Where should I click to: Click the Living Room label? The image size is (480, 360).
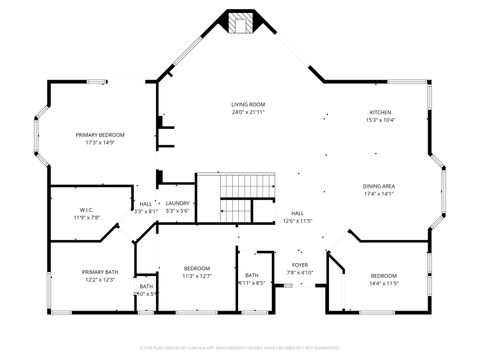[248, 104]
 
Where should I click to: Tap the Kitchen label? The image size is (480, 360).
[381, 112]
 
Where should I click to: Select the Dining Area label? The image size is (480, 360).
[379, 186]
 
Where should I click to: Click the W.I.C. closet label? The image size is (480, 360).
[87, 209]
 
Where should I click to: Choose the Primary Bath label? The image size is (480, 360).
[100, 272]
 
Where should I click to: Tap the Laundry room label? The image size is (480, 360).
[177, 203]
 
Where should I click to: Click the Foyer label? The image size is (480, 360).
[300, 265]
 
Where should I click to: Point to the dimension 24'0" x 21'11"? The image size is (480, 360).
[248, 112]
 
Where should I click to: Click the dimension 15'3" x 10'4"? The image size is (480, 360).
[381, 120]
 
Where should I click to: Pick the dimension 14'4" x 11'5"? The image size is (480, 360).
[385, 283]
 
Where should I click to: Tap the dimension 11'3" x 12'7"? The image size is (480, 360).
[198, 276]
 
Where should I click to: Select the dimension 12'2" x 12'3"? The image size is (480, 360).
[100, 280]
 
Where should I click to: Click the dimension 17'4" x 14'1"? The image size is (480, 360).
[379, 194]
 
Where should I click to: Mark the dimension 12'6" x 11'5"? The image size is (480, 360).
[298, 221]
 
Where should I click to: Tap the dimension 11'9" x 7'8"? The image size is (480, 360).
[87, 217]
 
